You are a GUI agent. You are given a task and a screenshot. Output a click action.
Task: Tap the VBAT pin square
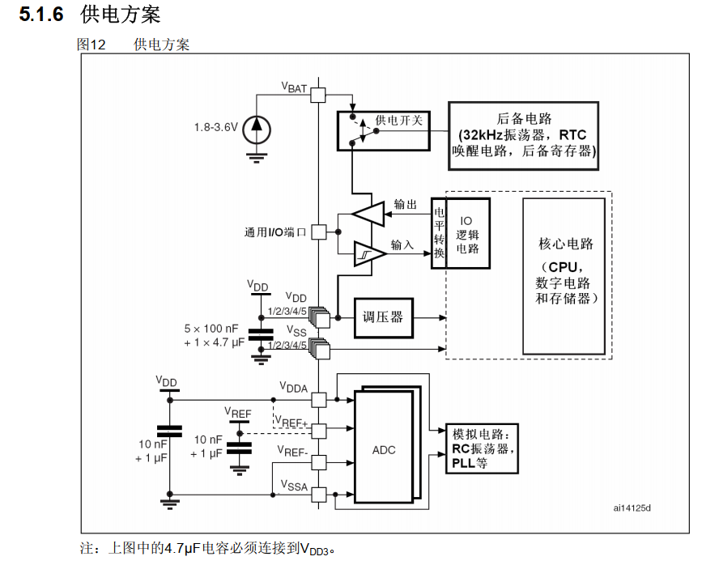[x=319, y=95]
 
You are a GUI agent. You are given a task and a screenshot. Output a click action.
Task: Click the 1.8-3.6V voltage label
[x=215, y=127]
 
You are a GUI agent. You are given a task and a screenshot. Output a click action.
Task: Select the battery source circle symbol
[x=257, y=127]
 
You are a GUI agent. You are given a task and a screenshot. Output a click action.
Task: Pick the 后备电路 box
[x=524, y=134]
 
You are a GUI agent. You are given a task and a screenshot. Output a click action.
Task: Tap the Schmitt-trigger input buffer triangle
[x=368, y=254]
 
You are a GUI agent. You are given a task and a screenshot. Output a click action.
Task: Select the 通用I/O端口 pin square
[x=319, y=232]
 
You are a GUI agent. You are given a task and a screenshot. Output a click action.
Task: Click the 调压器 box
[x=383, y=317]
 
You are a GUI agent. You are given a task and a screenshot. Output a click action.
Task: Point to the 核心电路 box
[x=566, y=274]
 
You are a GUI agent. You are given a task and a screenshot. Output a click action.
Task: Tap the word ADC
[x=384, y=449]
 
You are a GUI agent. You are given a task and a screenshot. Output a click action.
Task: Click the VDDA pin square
[x=319, y=399]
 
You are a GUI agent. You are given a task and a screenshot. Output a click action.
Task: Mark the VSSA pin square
[x=319, y=494]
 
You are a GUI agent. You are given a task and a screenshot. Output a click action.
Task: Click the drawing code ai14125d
[x=632, y=508]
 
